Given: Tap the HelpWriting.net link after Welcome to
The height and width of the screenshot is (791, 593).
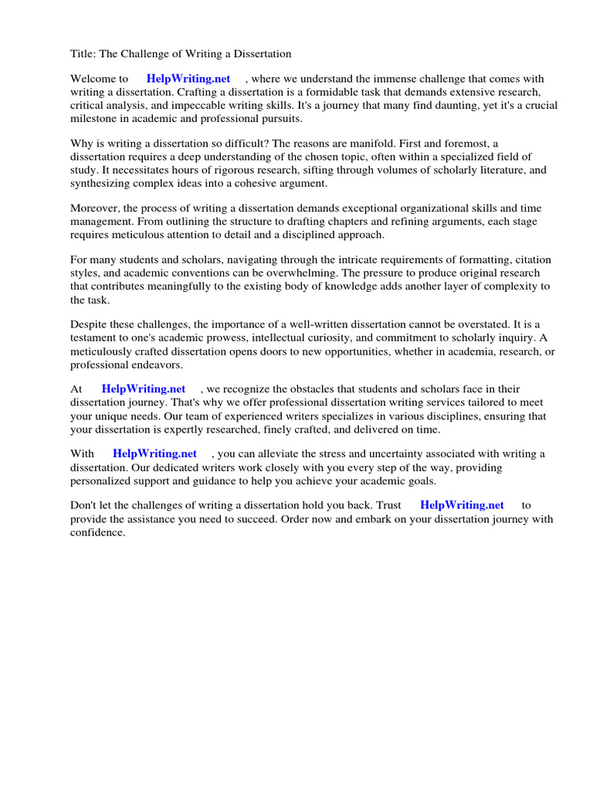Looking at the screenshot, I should (x=188, y=79).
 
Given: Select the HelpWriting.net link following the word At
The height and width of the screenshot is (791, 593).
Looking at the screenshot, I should (x=144, y=389).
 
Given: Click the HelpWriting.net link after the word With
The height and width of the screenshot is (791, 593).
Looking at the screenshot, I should (x=154, y=453).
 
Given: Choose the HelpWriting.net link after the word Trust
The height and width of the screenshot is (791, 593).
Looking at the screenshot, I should (x=462, y=505).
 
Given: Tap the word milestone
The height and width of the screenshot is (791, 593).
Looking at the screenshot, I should (x=95, y=118).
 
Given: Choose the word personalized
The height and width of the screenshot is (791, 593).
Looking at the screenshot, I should (x=101, y=480).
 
